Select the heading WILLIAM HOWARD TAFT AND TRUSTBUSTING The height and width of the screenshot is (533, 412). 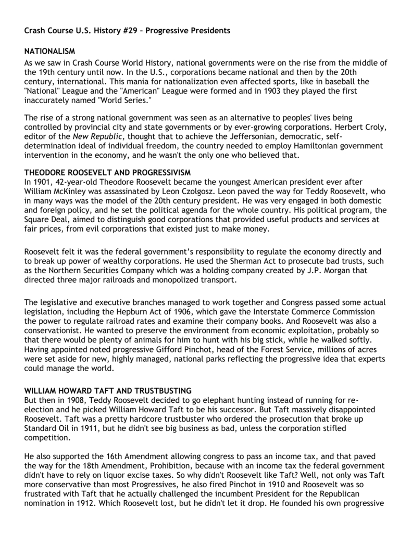[x=108, y=390]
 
